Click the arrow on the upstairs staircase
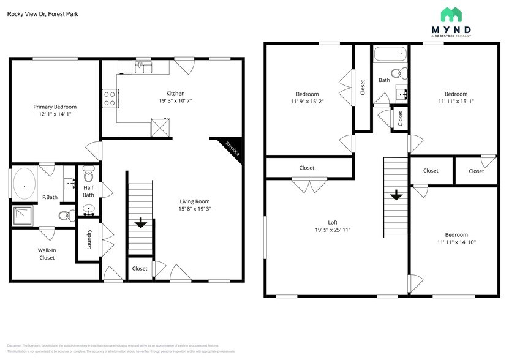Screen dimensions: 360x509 [x=396, y=195]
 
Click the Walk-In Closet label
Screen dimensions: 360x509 [x=47, y=253]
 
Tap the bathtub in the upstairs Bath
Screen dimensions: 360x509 [x=390, y=56]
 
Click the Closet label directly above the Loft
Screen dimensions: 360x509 [x=307, y=168]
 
